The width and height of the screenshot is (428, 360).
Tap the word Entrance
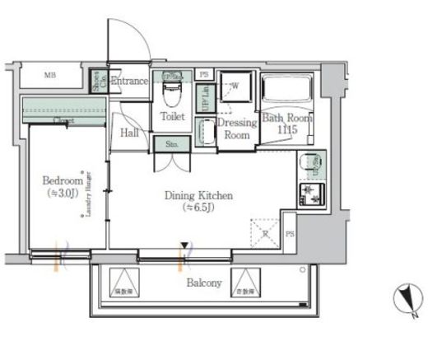click(x=129, y=81)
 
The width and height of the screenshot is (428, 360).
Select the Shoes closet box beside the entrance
click(x=98, y=81)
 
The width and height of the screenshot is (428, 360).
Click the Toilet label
click(x=173, y=118)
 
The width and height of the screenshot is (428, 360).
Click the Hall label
click(x=128, y=133)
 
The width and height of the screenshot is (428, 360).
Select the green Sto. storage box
click(x=172, y=143)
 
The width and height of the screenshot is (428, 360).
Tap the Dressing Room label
click(x=238, y=128)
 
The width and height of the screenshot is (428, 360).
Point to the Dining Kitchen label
click(x=198, y=195)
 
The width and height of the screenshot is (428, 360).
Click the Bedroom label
click(x=63, y=180)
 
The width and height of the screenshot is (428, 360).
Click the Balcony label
click(x=203, y=283)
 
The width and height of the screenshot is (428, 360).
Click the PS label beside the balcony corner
click(x=289, y=235)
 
